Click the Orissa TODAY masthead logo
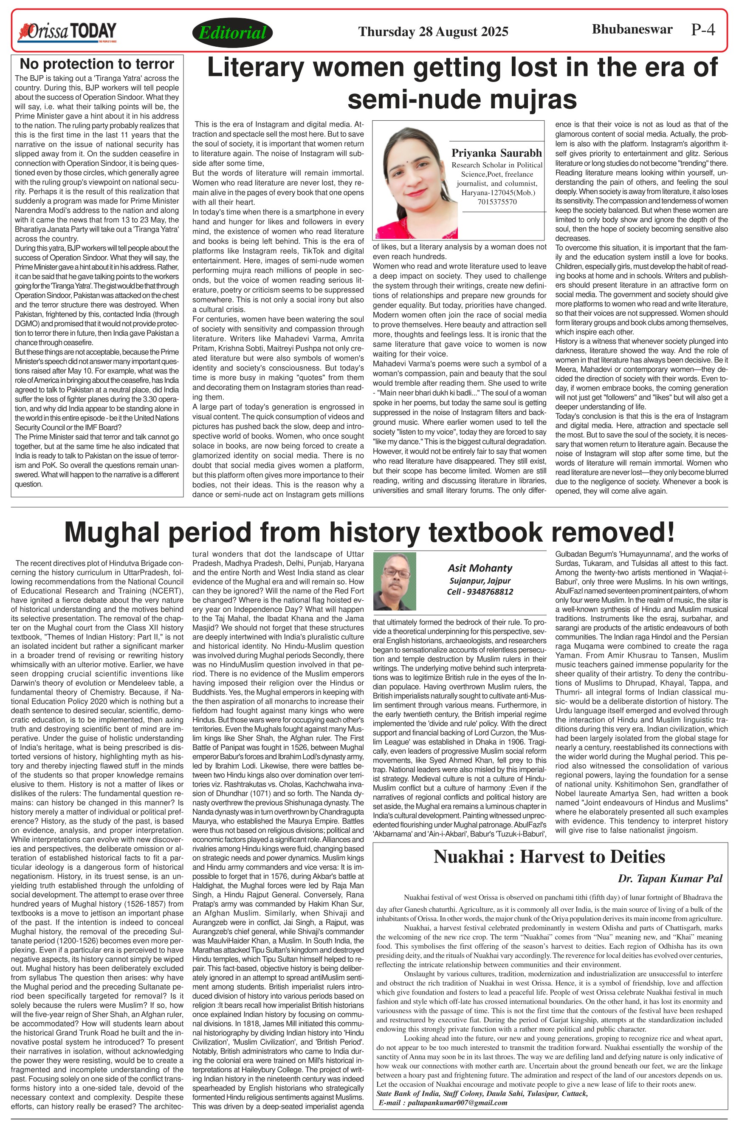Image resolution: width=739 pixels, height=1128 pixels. [67, 32]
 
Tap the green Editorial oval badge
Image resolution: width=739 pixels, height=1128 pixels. [232, 33]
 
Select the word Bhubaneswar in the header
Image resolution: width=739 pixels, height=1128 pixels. [632, 29]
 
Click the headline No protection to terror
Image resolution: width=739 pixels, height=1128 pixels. [97, 64]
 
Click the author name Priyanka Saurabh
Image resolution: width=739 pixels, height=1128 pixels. [496, 153]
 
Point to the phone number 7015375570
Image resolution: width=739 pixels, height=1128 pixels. [497, 202]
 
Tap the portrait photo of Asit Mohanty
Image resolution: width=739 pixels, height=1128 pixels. [395, 581]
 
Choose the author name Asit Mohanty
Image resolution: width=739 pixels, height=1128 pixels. [480, 568]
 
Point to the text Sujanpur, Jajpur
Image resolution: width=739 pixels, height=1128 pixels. [480, 580]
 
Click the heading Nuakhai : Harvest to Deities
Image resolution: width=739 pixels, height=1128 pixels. [549, 857]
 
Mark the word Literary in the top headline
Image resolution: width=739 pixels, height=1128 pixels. [255, 68]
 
